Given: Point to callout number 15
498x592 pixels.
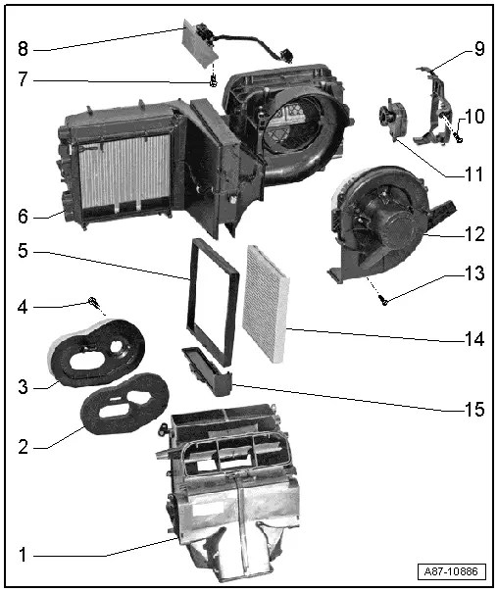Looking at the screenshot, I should click(x=473, y=410).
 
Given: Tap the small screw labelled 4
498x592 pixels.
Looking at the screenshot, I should click(x=92, y=302).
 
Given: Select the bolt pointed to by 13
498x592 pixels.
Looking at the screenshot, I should click(x=383, y=301).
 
